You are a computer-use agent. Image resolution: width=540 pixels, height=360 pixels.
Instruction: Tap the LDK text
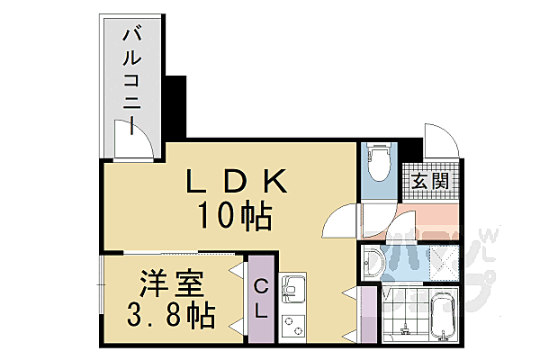click(x=236, y=184)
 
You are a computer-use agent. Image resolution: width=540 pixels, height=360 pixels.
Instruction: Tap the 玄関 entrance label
click(x=429, y=181)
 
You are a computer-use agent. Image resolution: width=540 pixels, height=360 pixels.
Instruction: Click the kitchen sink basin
click(x=294, y=290)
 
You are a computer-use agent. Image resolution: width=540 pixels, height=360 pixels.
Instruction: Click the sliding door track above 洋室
click(x=171, y=252)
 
